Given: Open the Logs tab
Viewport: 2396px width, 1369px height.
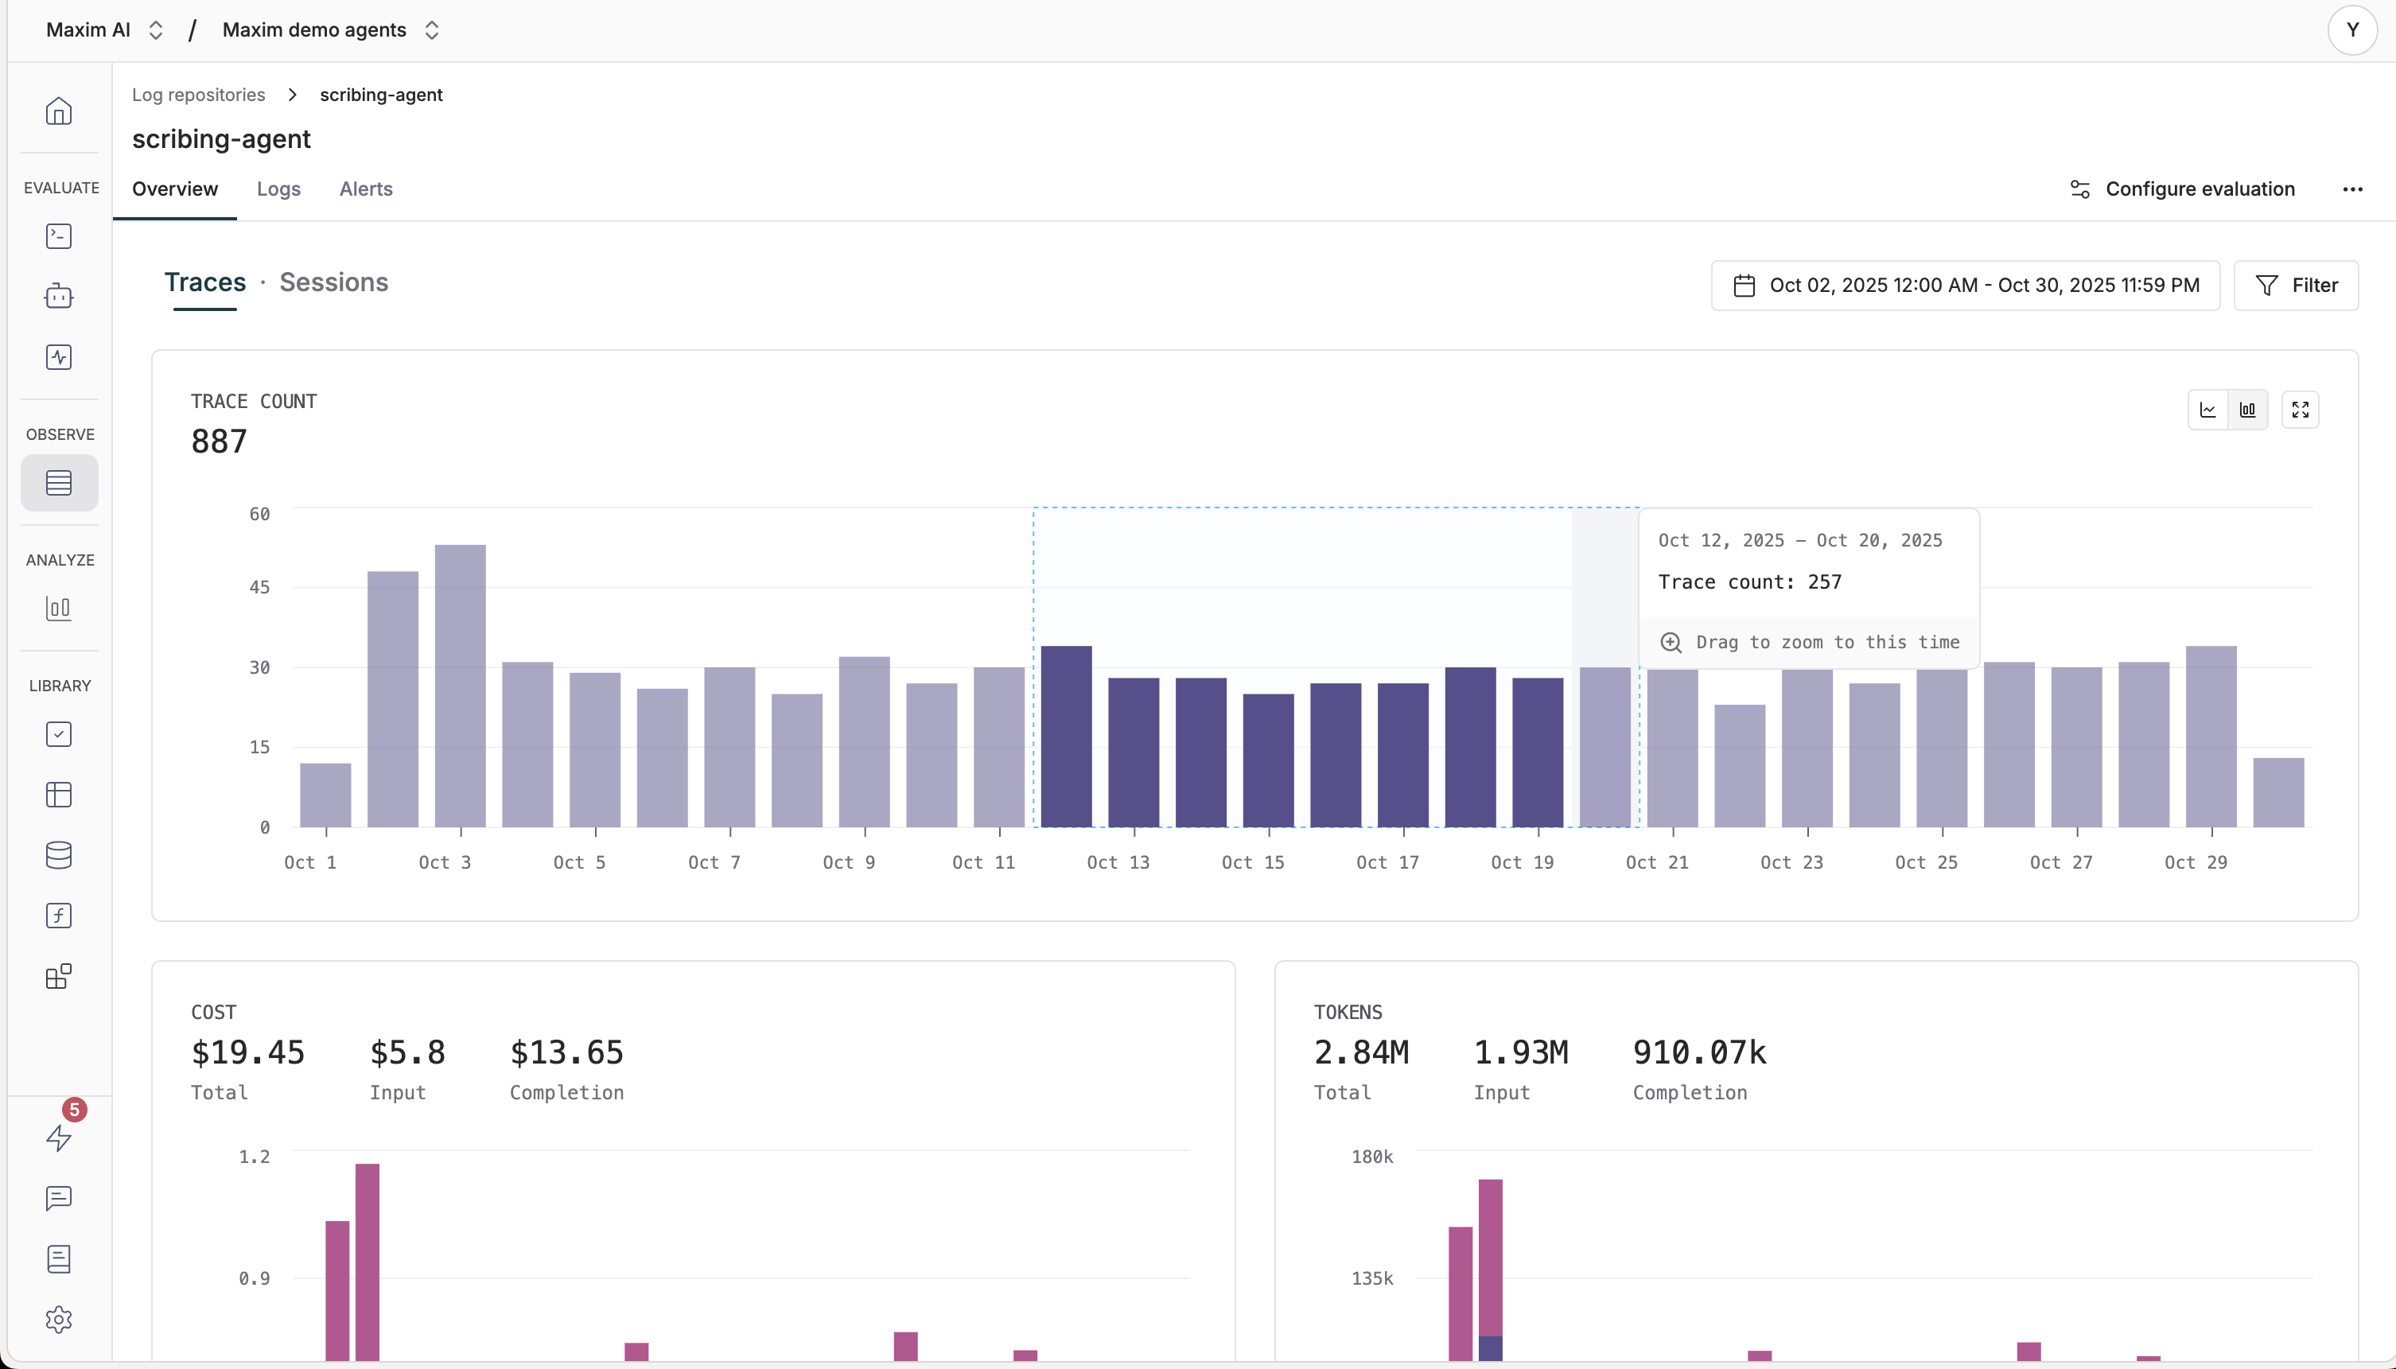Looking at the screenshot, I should pos(278,189).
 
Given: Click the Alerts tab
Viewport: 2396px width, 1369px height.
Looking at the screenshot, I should pos(366,189).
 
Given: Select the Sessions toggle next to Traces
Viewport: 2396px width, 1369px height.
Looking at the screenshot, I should pos(333,282).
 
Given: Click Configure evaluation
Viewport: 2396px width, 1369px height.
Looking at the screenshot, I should pos(2183,189).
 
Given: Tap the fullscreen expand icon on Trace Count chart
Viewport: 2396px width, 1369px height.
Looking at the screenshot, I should pos(2299,410).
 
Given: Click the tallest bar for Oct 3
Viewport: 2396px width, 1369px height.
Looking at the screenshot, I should pos(461,686).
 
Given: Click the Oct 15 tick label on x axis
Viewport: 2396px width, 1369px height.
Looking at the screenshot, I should pos(1252,862).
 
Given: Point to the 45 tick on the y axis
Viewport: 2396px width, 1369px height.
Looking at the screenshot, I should pos(259,588).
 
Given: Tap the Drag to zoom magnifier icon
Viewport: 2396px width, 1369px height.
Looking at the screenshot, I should pos(1671,642).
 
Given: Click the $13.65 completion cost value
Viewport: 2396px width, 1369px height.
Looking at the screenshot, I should pos(566,1052).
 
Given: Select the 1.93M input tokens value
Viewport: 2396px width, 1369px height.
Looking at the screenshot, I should pos(1520,1052).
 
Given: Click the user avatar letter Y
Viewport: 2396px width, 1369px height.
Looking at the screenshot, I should pos(2351,30).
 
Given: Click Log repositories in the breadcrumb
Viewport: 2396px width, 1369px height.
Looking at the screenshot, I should pos(198,95).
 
